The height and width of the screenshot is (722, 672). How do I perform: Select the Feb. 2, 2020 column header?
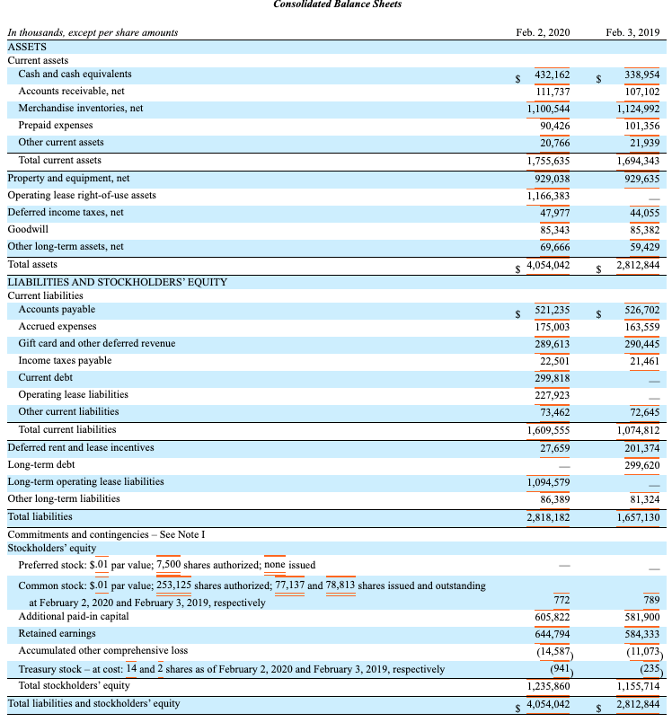543,32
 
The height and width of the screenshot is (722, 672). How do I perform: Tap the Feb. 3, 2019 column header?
632,32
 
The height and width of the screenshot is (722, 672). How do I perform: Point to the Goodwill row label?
28,229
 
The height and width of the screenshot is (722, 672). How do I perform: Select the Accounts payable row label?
57,310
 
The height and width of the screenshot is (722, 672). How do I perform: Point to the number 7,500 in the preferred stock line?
168,565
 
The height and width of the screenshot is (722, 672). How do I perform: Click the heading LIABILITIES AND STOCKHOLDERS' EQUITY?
117,282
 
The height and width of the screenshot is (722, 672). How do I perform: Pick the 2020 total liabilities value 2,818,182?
548,517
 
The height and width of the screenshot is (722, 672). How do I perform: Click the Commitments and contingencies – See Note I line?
106,534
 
